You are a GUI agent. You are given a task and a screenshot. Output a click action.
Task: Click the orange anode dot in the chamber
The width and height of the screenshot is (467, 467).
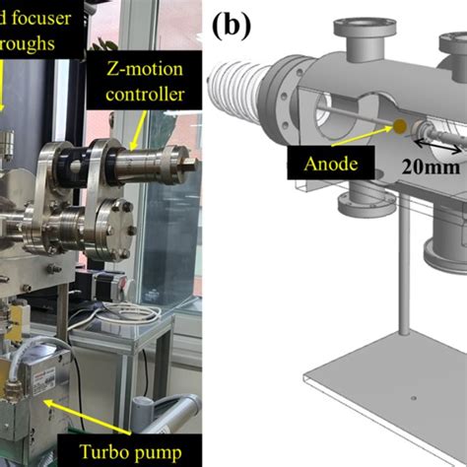pos(400,126)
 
